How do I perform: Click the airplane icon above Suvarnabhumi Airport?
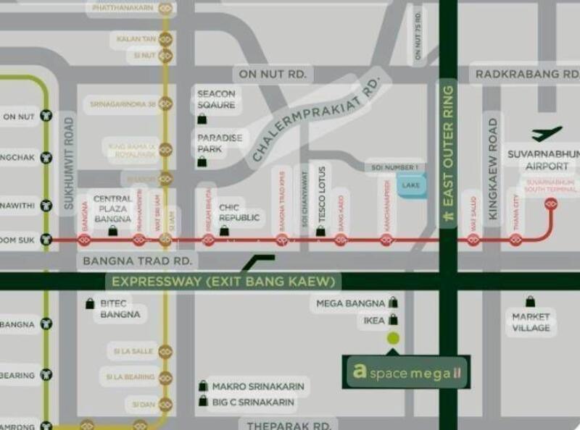(x=547, y=134)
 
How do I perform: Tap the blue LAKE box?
(x=410, y=185)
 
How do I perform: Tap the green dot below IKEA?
(x=393, y=337)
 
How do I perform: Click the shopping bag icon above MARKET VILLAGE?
(x=530, y=301)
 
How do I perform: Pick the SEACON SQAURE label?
(x=217, y=99)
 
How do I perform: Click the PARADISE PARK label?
(x=219, y=143)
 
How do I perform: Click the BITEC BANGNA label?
(x=120, y=309)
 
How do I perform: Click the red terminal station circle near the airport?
(x=550, y=205)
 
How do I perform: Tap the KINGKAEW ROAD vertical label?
(x=493, y=169)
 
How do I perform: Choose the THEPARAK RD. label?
(x=289, y=425)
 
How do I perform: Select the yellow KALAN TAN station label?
(x=135, y=38)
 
